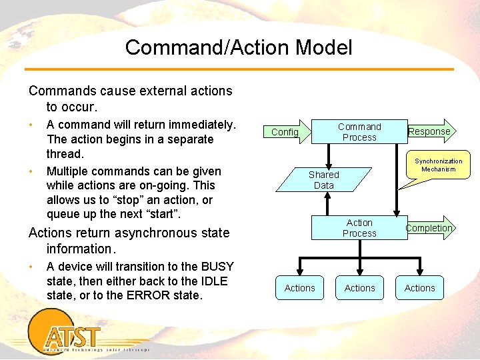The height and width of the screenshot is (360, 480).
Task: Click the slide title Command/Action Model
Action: coord(238,47)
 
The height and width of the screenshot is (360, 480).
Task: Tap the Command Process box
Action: coord(359,132)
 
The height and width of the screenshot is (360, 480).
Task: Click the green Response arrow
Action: coord(430,131)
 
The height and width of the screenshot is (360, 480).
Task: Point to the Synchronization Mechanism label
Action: coord(438,165)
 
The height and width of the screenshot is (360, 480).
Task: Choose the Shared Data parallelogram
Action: coord(324,180)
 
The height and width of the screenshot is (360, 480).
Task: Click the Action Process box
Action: coord(359,228)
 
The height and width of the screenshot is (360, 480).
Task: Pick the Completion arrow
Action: coord(429,228)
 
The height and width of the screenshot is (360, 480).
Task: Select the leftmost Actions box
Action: coord(299,288)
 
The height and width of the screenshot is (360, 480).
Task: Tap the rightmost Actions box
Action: coord(419,288)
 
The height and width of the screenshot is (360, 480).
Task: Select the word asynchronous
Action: coord(159,233)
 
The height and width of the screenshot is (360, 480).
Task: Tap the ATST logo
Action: coord(71,335)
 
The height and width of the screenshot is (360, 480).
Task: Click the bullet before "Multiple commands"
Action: coord(31,171)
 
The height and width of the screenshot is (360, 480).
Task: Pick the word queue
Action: coord(63,214)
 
